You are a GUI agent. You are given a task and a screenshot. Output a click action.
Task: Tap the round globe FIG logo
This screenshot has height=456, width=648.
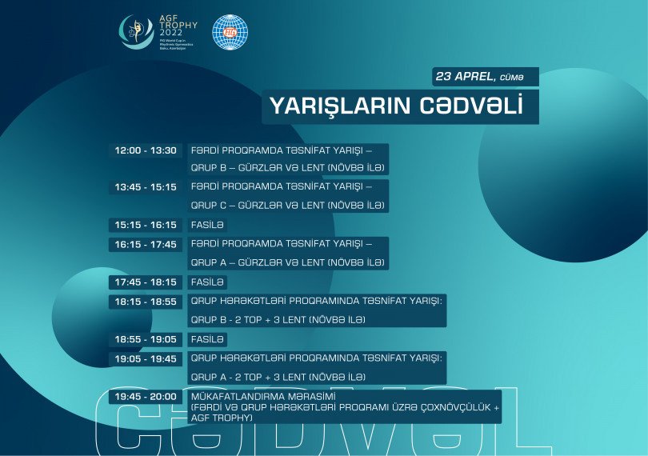click(x=230, y=32)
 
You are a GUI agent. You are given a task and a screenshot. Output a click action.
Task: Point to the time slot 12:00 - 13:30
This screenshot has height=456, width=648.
click(x=146, y=150)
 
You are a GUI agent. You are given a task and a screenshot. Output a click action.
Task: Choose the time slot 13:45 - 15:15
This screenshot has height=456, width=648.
click(x=146, y=186)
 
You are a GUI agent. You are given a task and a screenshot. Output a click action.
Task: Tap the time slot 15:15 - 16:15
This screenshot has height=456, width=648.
click(x=146, y=225)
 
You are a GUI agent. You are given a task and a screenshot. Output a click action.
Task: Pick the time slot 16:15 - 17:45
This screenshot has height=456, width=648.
click(x=146, y=244)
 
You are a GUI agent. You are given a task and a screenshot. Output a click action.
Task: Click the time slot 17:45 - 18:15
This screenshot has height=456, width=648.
click(x=146, y=282)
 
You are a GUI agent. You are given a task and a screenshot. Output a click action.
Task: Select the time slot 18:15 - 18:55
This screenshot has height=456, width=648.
click(x=146, y=302)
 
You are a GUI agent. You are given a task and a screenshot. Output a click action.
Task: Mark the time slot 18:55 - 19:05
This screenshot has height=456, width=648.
click(x=146, y=339)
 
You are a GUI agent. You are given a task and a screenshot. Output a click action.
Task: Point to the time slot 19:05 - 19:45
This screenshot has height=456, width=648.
click(x=146, y=358)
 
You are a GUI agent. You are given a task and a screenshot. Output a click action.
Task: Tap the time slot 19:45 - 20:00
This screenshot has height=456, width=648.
click(x=146, y=397)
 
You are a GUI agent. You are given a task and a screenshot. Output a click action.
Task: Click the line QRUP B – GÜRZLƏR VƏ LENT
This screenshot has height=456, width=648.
click(x=288, y=169)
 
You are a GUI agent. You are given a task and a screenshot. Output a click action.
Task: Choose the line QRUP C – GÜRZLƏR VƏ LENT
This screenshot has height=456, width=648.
click(x=288, y=206)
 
